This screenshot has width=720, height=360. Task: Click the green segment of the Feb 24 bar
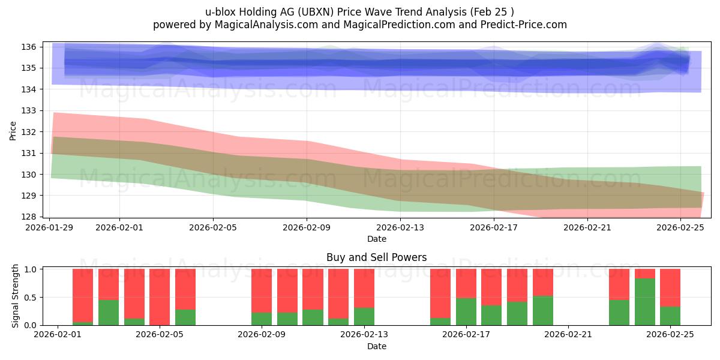coord(645,302)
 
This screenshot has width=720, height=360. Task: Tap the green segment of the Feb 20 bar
coord(543,310)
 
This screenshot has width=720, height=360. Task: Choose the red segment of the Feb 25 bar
coord(670,287)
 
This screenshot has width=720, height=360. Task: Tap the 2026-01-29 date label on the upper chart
coord(49,227)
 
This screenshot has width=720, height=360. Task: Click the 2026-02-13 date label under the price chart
coord(400,227)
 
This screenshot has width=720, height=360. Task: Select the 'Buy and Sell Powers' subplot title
coord(376,257)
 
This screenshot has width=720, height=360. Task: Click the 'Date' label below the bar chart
coord(376,346)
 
